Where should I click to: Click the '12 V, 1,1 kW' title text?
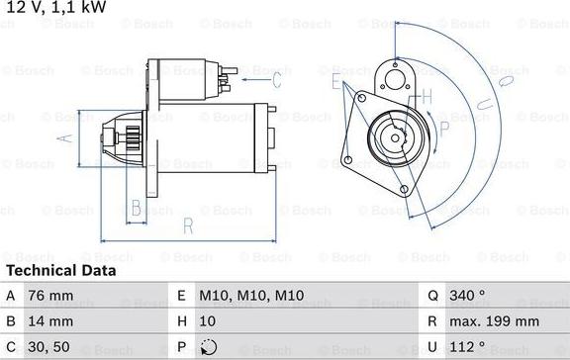[56, 8]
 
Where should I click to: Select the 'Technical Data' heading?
[61, 270]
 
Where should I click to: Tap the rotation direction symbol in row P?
[207, 348]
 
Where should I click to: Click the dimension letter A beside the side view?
[66, 138]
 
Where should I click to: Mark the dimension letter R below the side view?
[187, 225]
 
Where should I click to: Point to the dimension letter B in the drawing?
[137, 208]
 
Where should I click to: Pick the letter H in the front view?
[427, 96]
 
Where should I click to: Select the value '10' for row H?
[208, 321]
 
